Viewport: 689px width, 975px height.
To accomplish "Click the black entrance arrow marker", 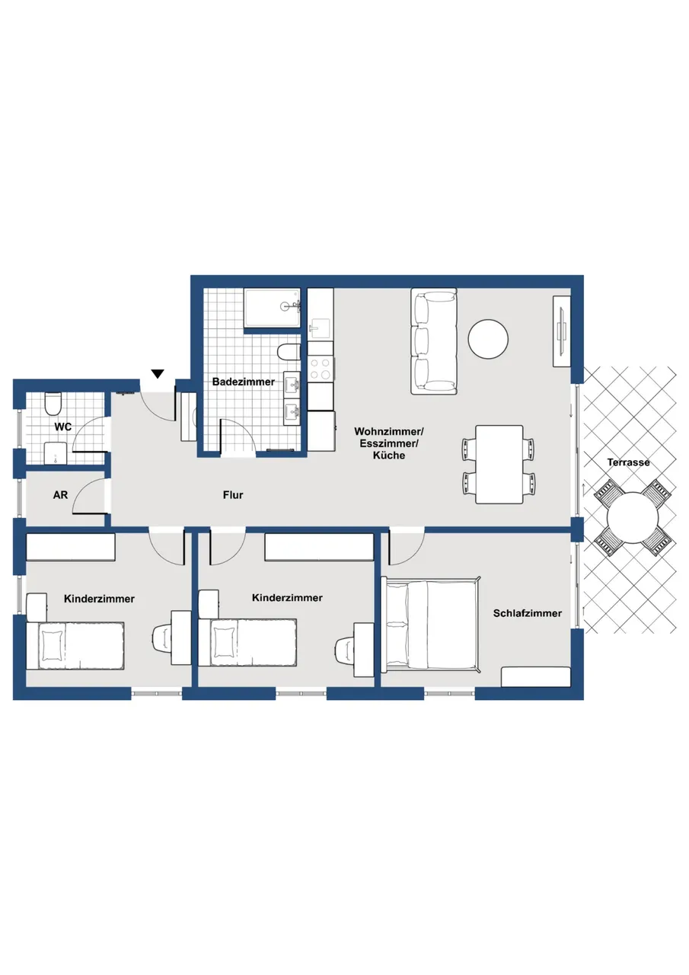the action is (158, 373).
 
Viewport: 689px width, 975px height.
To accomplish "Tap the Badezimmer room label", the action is (243, 382).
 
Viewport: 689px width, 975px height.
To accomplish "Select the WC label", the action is (62, 427).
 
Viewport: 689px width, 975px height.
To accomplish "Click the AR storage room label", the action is (60, 495).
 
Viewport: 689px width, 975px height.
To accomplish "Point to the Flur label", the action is (233, 495).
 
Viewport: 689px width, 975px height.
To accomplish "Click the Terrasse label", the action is (629, 462).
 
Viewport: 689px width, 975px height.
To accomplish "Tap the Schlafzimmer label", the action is (527, 613).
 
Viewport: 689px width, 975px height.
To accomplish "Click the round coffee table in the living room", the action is (488, 340).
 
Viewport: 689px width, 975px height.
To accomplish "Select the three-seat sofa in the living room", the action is (434, 341).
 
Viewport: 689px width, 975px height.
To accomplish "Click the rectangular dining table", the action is (499, 465).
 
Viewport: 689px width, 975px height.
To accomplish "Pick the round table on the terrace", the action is (633, 517).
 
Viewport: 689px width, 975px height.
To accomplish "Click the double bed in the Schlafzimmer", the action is (431, 625).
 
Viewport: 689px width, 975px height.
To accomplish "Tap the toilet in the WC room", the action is (53, 404).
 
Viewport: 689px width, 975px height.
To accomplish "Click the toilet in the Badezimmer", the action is (289, 352).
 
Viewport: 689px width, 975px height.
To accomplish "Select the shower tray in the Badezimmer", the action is (273, 308).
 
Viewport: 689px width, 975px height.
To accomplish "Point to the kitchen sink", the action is (320, 327).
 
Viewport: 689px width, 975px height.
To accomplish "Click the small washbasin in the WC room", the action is (56, 454).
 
